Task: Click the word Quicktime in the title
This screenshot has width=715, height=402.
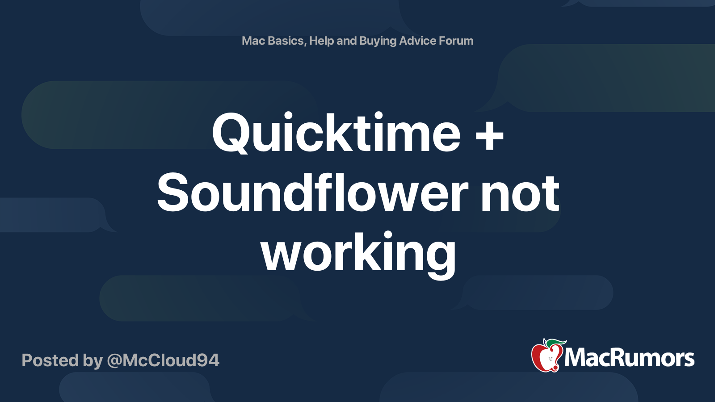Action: tap(336, 132)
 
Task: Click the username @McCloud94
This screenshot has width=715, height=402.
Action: tap(163, 360)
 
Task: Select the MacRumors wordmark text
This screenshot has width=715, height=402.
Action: tap(629, 358)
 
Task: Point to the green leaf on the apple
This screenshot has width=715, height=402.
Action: tap(555, 343)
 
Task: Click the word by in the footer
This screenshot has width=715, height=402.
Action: tap(93, 361)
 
